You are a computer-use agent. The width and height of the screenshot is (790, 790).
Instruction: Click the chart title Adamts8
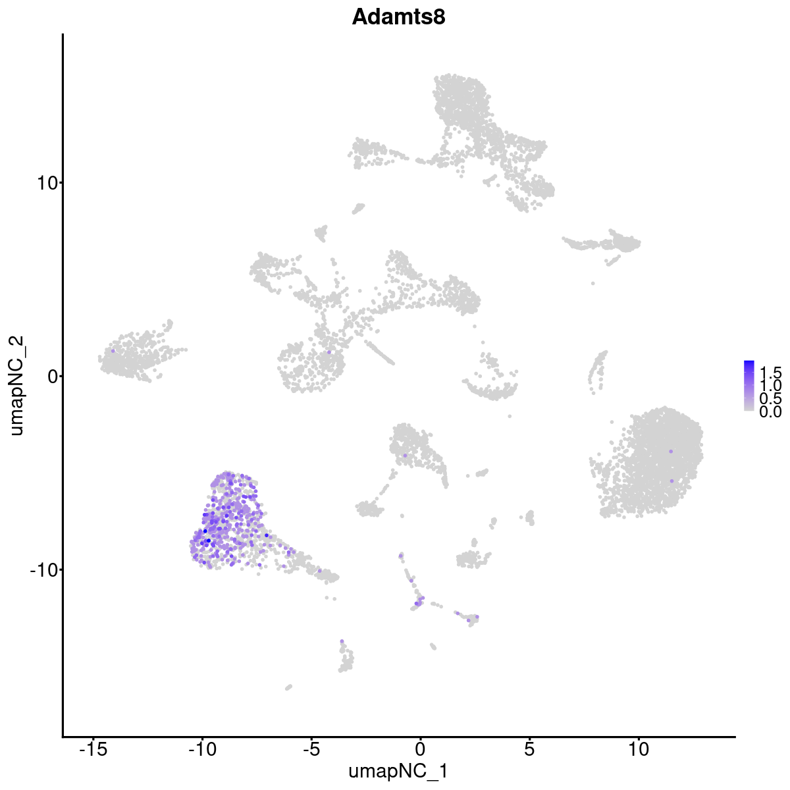point(398,18)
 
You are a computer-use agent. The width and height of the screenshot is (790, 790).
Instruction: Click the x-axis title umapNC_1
point(398,771)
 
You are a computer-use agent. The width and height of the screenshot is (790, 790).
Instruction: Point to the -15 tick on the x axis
point(93,749)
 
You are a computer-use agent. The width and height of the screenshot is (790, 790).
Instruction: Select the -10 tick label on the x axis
point(202,749)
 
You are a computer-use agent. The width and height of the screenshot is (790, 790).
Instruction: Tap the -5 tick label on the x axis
point(311,749)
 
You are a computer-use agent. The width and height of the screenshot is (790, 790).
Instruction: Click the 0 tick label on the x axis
point(420,749)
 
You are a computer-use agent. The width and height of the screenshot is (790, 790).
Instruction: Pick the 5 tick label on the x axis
point(529,749)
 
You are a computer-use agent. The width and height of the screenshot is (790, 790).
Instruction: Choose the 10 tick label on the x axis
point(638,749)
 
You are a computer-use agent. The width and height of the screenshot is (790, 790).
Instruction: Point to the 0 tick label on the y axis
point(50,376)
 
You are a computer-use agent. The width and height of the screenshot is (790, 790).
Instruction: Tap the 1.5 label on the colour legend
point(770,371)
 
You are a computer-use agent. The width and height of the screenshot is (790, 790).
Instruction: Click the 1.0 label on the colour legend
point(770,384)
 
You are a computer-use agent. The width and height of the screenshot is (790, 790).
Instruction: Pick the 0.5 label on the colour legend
point(770,398)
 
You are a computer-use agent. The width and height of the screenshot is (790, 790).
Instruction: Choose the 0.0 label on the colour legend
point(770,412)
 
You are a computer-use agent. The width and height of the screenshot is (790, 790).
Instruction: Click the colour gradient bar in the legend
point(749,386)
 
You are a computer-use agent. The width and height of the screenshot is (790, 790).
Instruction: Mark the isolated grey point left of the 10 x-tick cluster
point(592,283)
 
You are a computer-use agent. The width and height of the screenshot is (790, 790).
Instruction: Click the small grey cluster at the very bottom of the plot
point(288,687)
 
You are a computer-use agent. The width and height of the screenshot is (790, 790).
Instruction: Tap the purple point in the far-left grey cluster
point(113,351)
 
